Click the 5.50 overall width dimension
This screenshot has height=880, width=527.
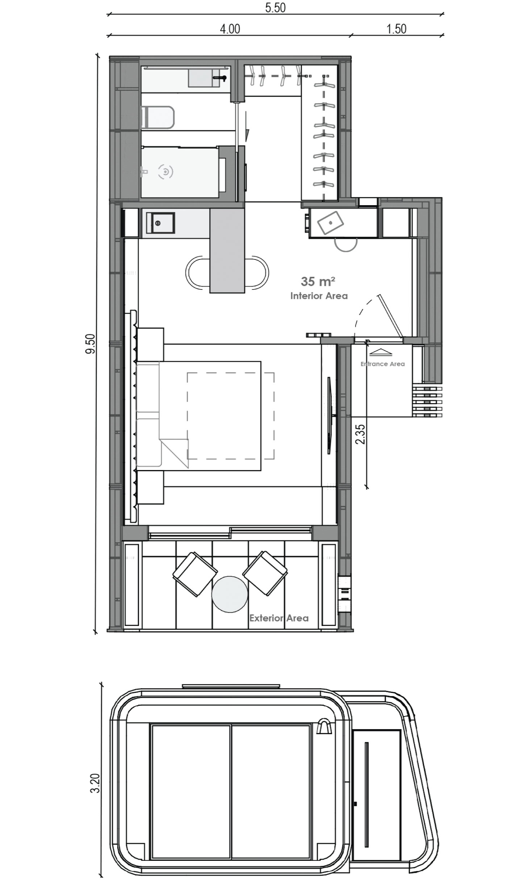(x=275, y=8)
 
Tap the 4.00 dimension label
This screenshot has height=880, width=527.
(x=230, y=29)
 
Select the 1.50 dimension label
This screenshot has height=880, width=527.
(x=396, y=29)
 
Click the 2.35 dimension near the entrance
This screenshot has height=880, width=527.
(x=360, y=434)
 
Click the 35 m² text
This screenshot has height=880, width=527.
(x=318, y=281)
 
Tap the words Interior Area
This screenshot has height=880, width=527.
(x=319, y=296)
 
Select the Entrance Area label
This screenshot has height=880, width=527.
(x=382, y=364)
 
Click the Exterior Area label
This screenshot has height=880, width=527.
(x=279, y=618)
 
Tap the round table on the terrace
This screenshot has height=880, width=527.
(x=230, y=594)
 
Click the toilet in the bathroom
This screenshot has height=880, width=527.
(x=158, y=117)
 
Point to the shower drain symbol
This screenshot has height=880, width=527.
(x=166, y=172)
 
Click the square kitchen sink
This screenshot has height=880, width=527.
(x=160, y=223)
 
